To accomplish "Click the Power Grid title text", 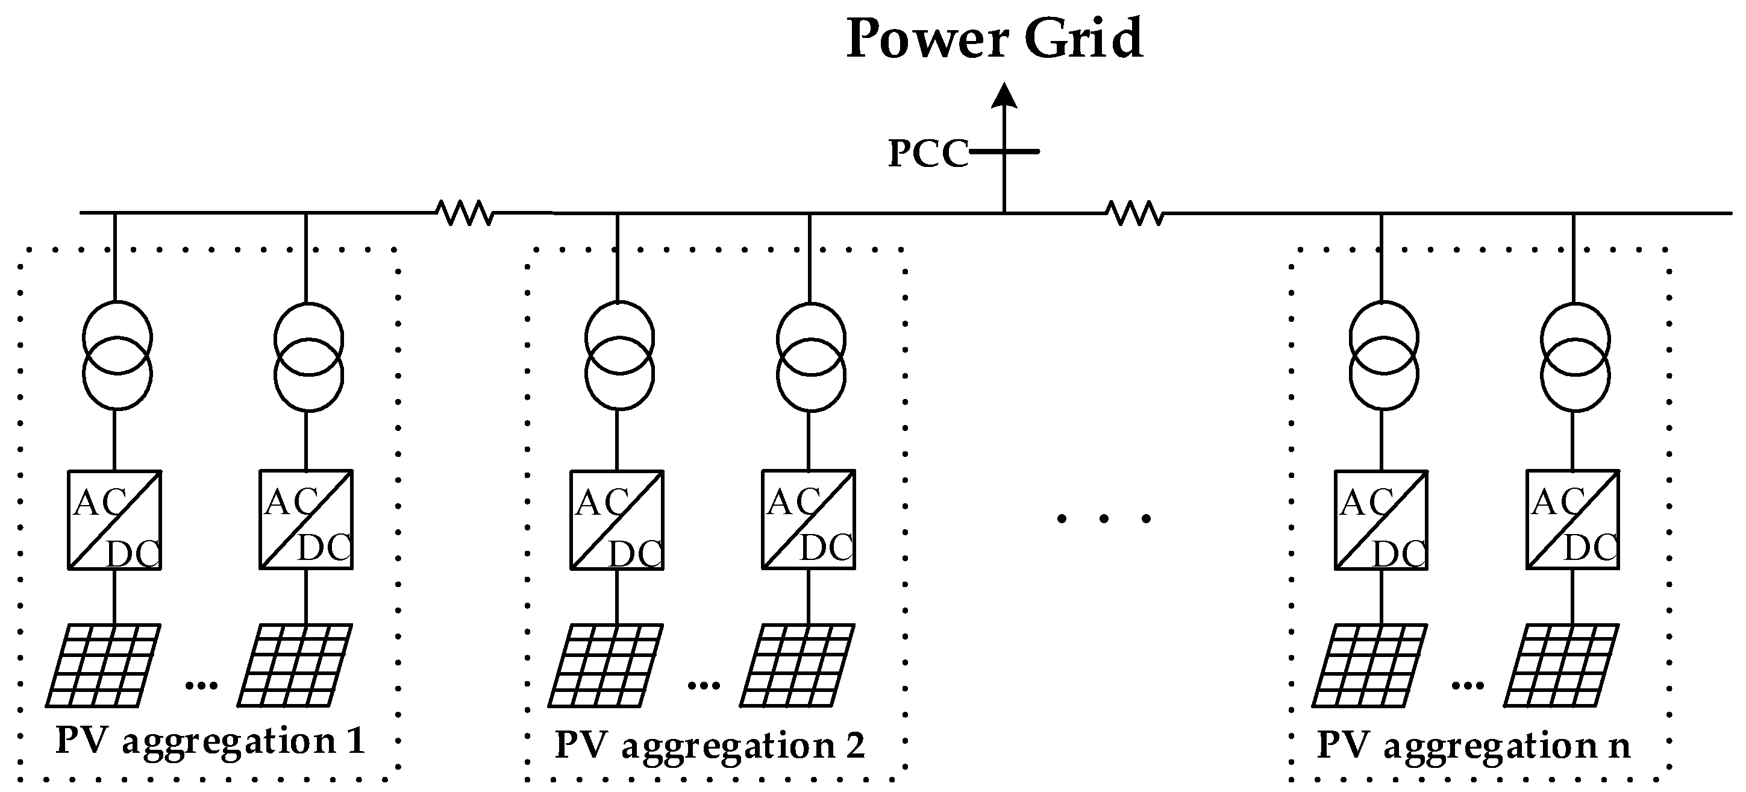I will [994, 39].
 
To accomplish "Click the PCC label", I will [928, 154].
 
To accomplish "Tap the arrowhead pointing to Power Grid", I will [1004, 96].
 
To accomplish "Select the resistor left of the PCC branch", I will [465, 212].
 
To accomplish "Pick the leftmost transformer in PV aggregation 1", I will [117, 356].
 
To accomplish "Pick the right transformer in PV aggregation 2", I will [811, 356].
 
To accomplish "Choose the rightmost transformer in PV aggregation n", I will [1574, 356].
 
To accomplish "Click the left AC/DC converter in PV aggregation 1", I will [114, 520].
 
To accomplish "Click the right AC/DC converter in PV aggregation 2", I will [809, 520].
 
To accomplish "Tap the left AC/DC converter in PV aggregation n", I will [1381, 520].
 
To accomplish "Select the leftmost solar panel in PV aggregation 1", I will [103, 665].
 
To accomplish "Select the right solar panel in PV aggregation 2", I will [797, 665].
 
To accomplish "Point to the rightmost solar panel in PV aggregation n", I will [1561, 665].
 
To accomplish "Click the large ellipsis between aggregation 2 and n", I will [1104, 520].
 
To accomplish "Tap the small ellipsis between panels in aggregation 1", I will [201, 685].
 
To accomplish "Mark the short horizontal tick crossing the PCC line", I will [1004, 152].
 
